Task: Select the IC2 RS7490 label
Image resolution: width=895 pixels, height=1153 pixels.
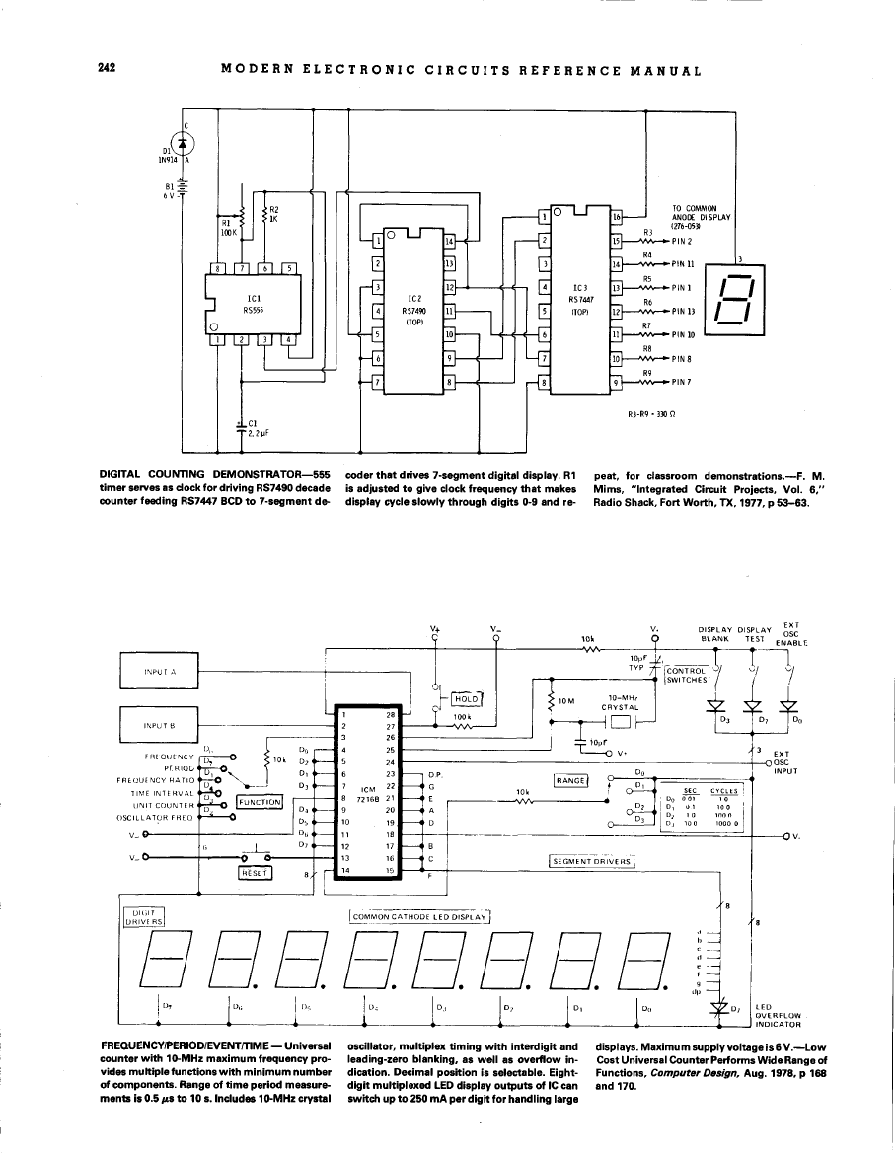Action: point(415,303)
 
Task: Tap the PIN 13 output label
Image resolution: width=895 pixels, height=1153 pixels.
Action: point(684,310)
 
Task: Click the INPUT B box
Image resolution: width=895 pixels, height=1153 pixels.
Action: point(159,723)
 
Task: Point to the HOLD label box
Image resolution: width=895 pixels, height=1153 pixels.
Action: point(465,699)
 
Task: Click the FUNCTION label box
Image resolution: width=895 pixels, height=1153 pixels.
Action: point(260,802)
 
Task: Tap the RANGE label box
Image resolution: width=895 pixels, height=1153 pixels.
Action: point(571,780)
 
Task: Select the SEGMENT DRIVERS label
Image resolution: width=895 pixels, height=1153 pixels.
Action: point(590,861)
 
